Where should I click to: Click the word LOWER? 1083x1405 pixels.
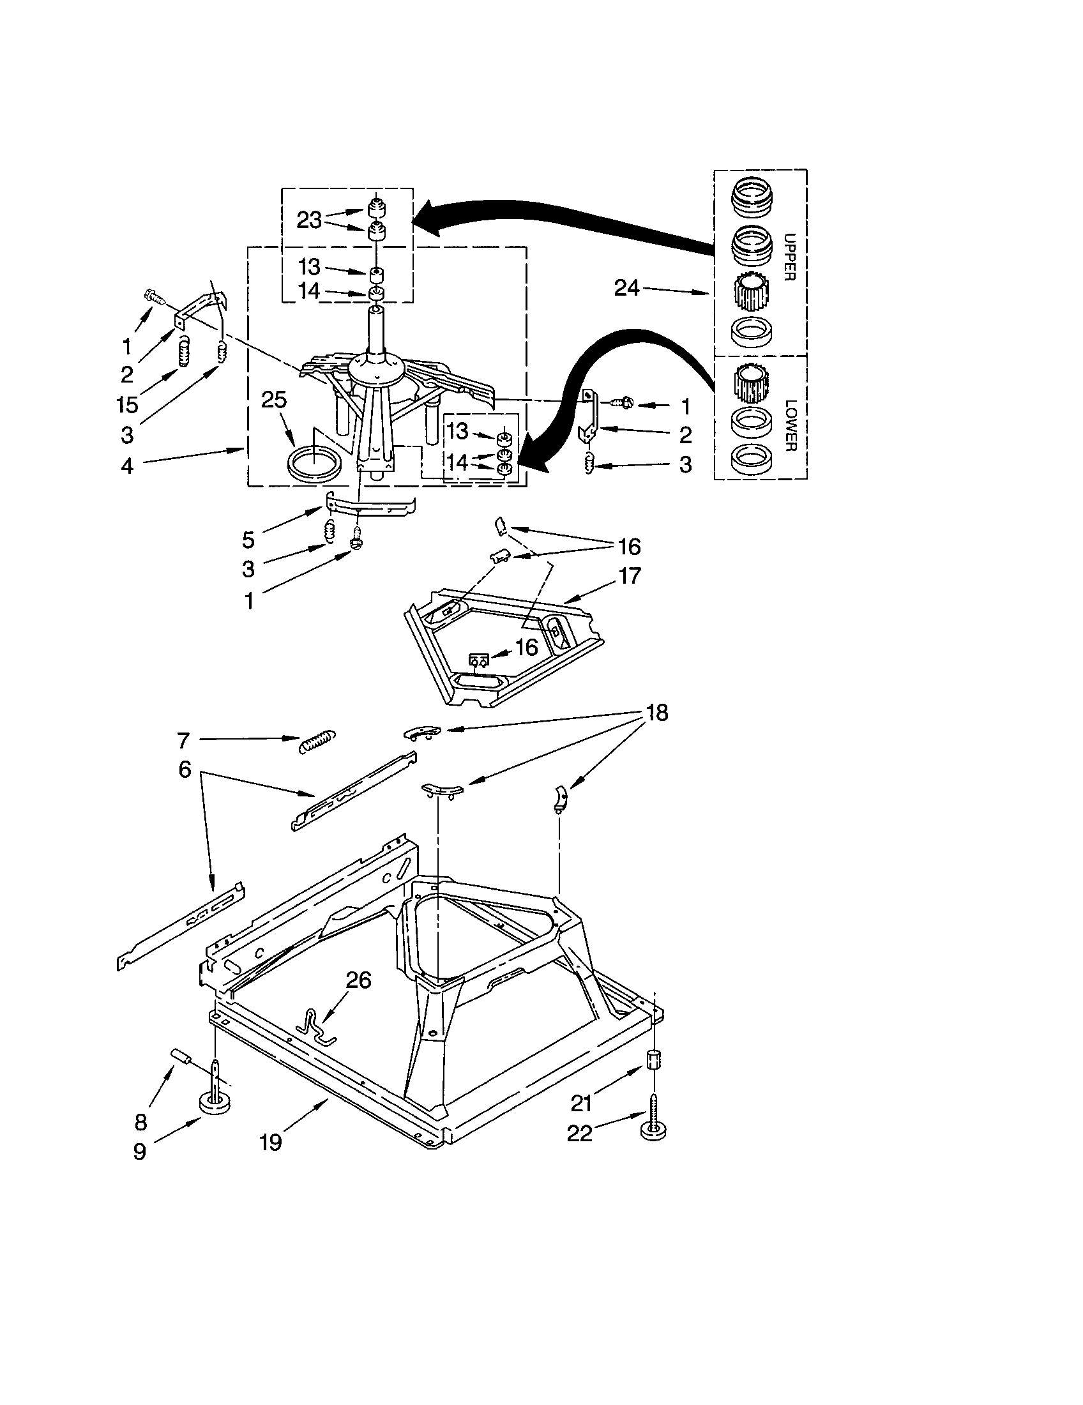point(791,425)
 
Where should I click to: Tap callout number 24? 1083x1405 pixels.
point(626,287)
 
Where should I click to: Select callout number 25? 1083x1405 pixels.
point(273,400)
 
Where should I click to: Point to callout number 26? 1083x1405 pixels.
point(358,980)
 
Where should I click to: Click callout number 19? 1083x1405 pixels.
point(271,1143)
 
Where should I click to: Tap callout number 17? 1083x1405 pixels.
point(630,575)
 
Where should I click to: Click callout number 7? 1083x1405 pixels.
point(183,741)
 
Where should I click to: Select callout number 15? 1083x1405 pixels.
point(127,405)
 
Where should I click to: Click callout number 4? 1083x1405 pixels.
point(127,465)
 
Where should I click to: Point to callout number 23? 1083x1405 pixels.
point(308,220)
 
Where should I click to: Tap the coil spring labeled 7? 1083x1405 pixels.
point(318,741)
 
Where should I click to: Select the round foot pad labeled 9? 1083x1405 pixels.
point(215,1105)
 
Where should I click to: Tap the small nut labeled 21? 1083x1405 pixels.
point(655,1059)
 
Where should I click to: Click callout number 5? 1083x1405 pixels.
point(248,539)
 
